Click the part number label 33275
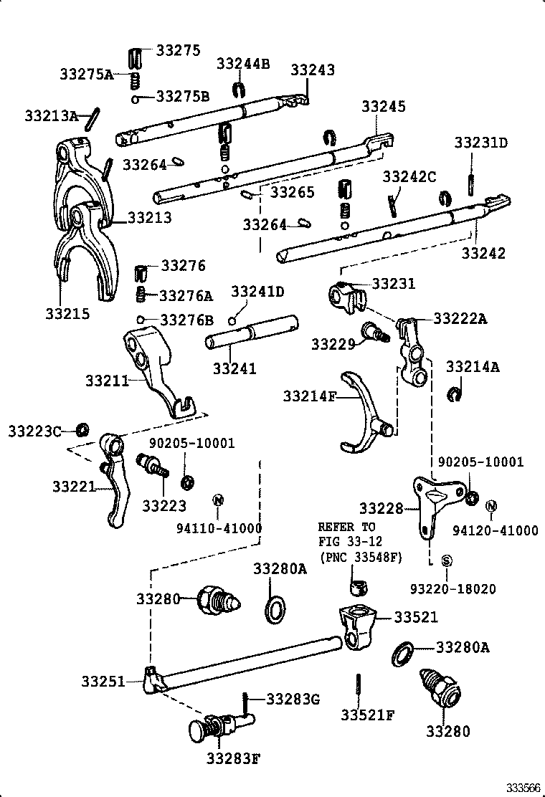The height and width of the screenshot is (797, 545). pos(178,50)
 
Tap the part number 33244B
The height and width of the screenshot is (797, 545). pos(243,64)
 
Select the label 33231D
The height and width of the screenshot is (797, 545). pos(480,143)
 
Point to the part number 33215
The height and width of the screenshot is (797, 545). pos(67,314)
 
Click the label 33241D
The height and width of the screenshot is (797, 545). pos(257,291)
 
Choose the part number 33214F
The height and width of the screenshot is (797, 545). pos(310,396)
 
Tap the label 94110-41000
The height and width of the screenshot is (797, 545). pos(219,528)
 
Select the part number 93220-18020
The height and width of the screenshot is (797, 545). pos(453,589)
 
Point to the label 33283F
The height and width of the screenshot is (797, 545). pos(233,759)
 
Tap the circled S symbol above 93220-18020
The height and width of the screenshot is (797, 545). pos(446,560)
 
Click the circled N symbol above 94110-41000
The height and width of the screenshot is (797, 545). pos(217,500)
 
